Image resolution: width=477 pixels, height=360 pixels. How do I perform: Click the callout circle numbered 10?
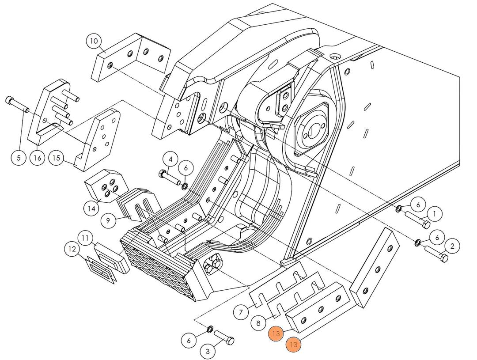(x=94, y=42)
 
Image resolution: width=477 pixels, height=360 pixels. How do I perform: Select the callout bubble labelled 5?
(x=19, y=157)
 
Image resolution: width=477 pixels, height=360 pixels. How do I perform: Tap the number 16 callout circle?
(x=38, y=157)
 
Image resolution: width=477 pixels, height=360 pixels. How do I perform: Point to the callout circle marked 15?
(x=57, y=157)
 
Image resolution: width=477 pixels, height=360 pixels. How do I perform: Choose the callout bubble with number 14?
(x=92, y=208)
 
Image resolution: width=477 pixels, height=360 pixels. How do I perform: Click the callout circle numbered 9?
(x=108, y=220)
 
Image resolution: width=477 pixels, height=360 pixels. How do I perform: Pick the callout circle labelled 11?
(x=86, y=238)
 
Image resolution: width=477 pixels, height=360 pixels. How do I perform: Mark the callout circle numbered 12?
(x=72, y=250)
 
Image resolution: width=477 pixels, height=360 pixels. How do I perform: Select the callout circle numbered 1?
(x=434, y=215)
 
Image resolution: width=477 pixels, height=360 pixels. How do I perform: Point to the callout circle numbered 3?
(x=208, y=352)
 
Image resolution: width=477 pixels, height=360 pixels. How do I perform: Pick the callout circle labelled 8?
(x=258, y=323)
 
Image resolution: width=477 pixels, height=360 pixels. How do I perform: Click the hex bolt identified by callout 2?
(x=436, y=254)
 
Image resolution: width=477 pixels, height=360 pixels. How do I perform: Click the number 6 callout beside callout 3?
(x=189, y=340)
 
